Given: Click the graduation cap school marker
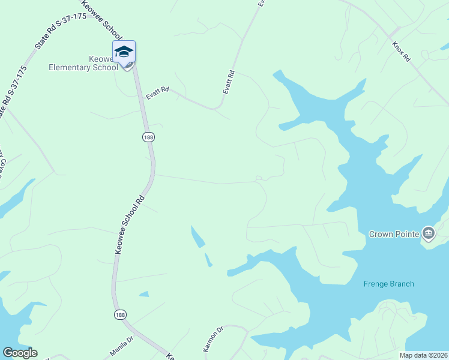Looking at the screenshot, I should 124,52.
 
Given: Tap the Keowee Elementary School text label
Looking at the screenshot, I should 83,63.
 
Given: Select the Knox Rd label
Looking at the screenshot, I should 401,52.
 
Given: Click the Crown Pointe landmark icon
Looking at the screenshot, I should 429,233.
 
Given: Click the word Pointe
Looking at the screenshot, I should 408,234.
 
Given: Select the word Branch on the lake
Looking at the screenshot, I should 402,284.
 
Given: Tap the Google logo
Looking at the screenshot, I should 20,353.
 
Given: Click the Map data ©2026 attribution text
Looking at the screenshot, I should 423,355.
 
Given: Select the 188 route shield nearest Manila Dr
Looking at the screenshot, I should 120,314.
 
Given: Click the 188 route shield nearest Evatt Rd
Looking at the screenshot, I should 148,137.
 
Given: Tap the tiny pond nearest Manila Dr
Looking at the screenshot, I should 143,294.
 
